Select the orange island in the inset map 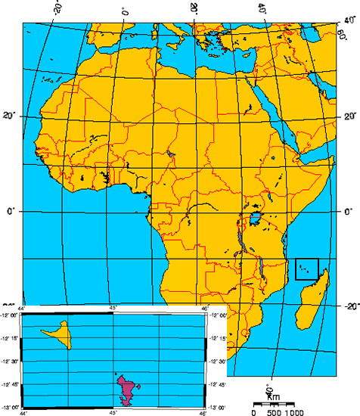(x=61, y=334)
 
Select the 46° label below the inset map (x=203, y=413)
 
